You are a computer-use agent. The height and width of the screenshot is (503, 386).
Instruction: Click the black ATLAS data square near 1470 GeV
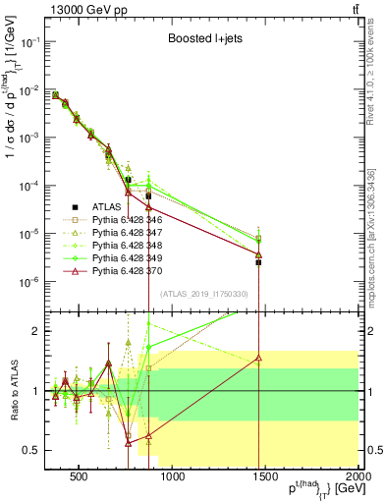click(258, 262)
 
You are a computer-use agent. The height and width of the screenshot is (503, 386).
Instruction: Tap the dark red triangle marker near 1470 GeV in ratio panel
click(258, 359)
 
